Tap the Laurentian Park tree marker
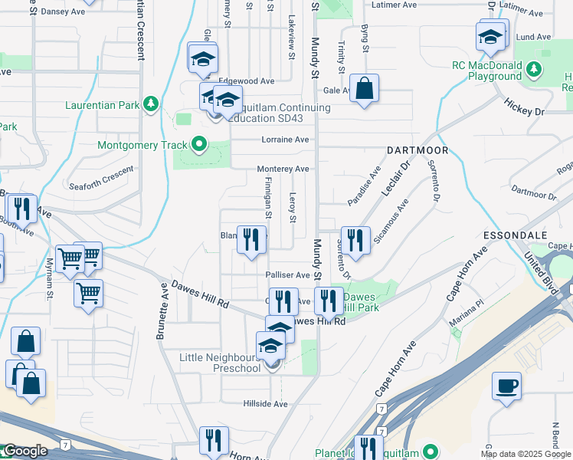point(152,103)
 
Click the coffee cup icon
point(507,386)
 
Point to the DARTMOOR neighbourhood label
point(417,150)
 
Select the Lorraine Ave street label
point(285,140)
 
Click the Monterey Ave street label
point(283,169)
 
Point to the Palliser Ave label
point(287,274)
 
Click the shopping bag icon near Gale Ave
point(365,88)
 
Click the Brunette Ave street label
point(162,312)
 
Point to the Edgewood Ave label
point(246,80)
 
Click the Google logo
point(25,451)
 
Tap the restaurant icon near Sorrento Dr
point(354,240)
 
